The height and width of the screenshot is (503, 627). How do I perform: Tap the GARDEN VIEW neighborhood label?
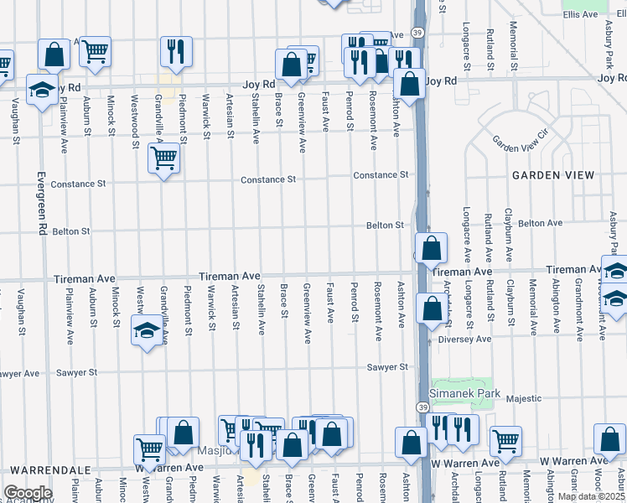coord(553,175)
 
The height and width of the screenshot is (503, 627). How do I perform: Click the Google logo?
coord(28,493)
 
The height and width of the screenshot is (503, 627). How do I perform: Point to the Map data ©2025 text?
coord(591,496)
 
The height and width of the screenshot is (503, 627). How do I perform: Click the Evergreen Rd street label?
coord(41,203)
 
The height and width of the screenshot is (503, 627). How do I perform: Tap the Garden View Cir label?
coord(520,139)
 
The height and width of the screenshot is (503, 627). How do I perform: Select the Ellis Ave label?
coord(580,14)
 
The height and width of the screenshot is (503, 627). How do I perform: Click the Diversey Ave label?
coord(472,339)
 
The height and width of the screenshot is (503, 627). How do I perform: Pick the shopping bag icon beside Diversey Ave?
coord(431,309)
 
